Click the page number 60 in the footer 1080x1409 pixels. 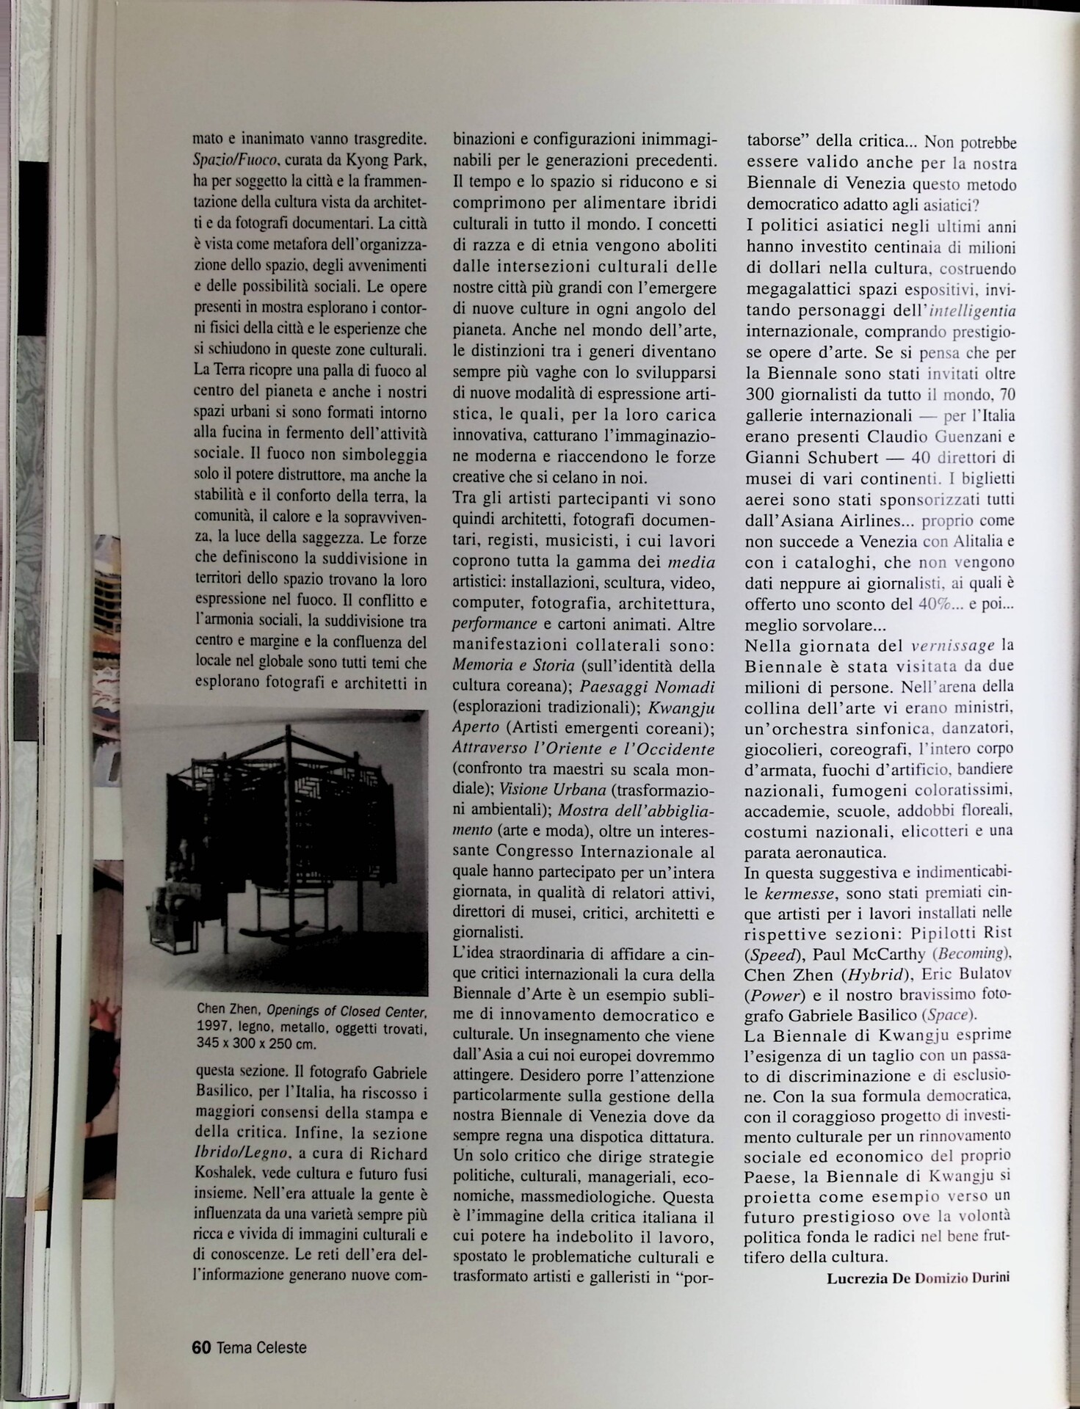point(201,1347)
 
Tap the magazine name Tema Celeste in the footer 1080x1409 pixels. point(261,1347)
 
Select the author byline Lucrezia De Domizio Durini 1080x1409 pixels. point(918,1277)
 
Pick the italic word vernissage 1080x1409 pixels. point(952,646)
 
